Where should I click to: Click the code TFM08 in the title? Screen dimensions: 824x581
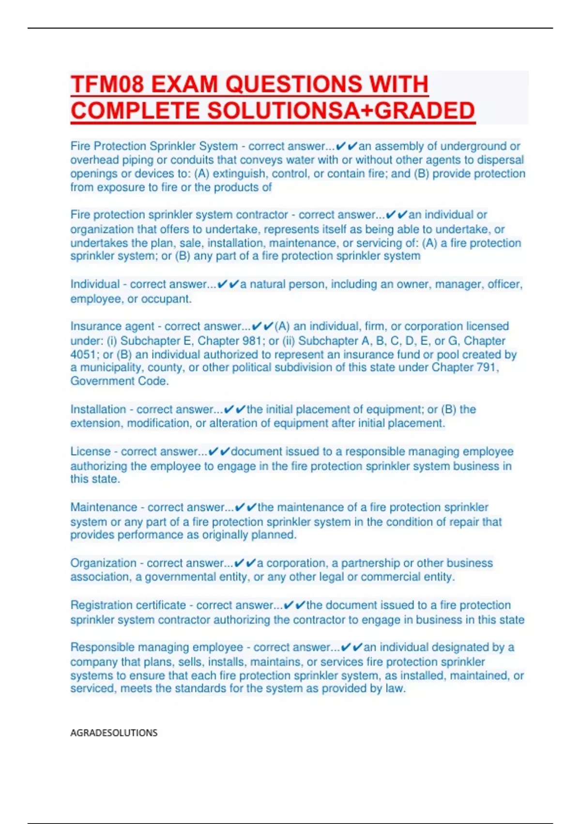tap(107, 85)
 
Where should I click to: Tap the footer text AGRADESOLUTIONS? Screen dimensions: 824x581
tap(114, 732)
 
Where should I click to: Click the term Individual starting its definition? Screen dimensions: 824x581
tap(95, 284)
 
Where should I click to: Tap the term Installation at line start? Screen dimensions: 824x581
tap(98, 410)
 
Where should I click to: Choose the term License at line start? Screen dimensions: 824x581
tap(90, 452)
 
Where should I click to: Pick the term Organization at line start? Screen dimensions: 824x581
tap(103, 563)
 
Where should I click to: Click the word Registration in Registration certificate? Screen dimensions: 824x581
tap(102, 605)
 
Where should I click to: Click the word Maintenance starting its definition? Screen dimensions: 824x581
tap(104, 507)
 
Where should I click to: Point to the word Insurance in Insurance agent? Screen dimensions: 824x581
tap(95, 326)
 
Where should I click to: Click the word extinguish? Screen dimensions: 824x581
tap(239, 174)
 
